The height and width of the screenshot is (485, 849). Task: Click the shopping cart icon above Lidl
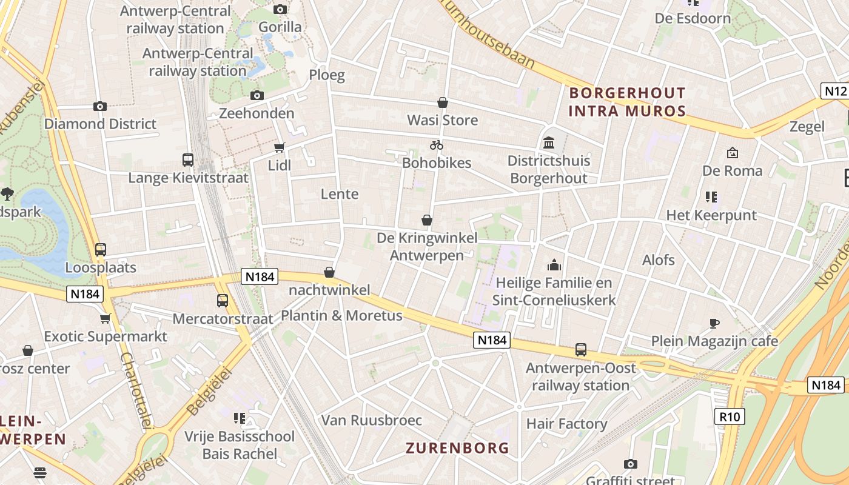(x=279, y=147)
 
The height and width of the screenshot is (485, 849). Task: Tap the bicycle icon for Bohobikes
(x=437, y=145)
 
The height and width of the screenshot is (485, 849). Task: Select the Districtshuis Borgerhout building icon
(x=549, y=143)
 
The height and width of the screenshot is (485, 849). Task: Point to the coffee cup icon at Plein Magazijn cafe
(x=714, y=323)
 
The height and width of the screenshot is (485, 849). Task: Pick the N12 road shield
(x=834, y=91)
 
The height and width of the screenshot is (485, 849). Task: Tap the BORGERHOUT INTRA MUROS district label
(x=627, y=102)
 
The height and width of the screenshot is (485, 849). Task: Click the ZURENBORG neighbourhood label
(x=457, y=448)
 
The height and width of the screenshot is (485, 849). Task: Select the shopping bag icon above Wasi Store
(x=443, y=102)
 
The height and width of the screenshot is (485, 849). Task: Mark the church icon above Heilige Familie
(x=554, y=265)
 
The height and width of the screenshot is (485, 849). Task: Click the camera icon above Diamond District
(x=100, y=106)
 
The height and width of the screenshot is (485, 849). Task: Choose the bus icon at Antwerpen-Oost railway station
(x=581, y=350)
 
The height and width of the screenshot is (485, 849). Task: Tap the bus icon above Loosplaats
(x=101, y=250)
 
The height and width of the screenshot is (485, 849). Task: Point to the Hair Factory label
(x=566, y=424)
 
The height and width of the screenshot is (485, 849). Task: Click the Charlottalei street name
(x=136, y=391)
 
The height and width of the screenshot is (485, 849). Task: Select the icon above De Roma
(x=732, y=153)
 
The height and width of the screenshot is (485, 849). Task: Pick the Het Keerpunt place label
(x=711, y=215)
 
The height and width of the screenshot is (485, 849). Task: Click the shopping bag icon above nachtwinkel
(x=329, y=272)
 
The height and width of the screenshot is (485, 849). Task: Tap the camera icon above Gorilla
(x=280, y=9)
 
